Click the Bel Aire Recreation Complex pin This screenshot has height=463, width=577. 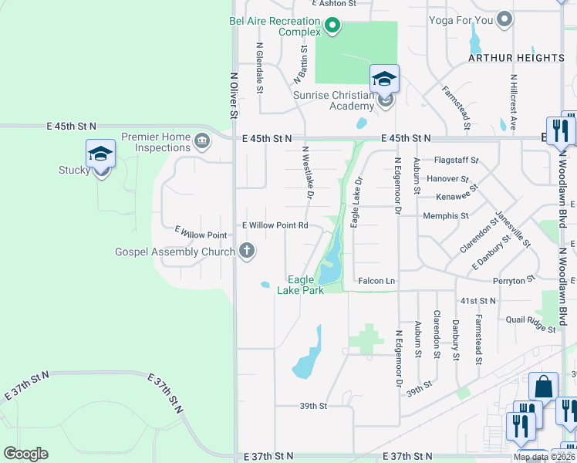(x=332, y=27)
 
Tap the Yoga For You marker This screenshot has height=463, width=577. (x=504, y=19)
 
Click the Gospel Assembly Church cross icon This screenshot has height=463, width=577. (x=247, y=249)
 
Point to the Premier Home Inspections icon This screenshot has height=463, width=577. (x=202, y=140)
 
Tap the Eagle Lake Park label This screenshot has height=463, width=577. (x=300, y=285)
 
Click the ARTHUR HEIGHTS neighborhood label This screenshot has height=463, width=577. (x=517, y=58)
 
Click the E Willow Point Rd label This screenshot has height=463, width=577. (x=275, y=225)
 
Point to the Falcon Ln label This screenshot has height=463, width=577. (x=376, y=281)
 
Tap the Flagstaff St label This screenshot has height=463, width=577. (x=457, y=161)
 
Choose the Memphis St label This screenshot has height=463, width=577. (x=442, y=216)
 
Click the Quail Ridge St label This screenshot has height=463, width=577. (x=531, y=323)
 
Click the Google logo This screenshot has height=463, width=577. (x=25, y=454)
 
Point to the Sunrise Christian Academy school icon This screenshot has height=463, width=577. (x=385, y=79)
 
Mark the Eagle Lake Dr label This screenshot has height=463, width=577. (x=356, y=203)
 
